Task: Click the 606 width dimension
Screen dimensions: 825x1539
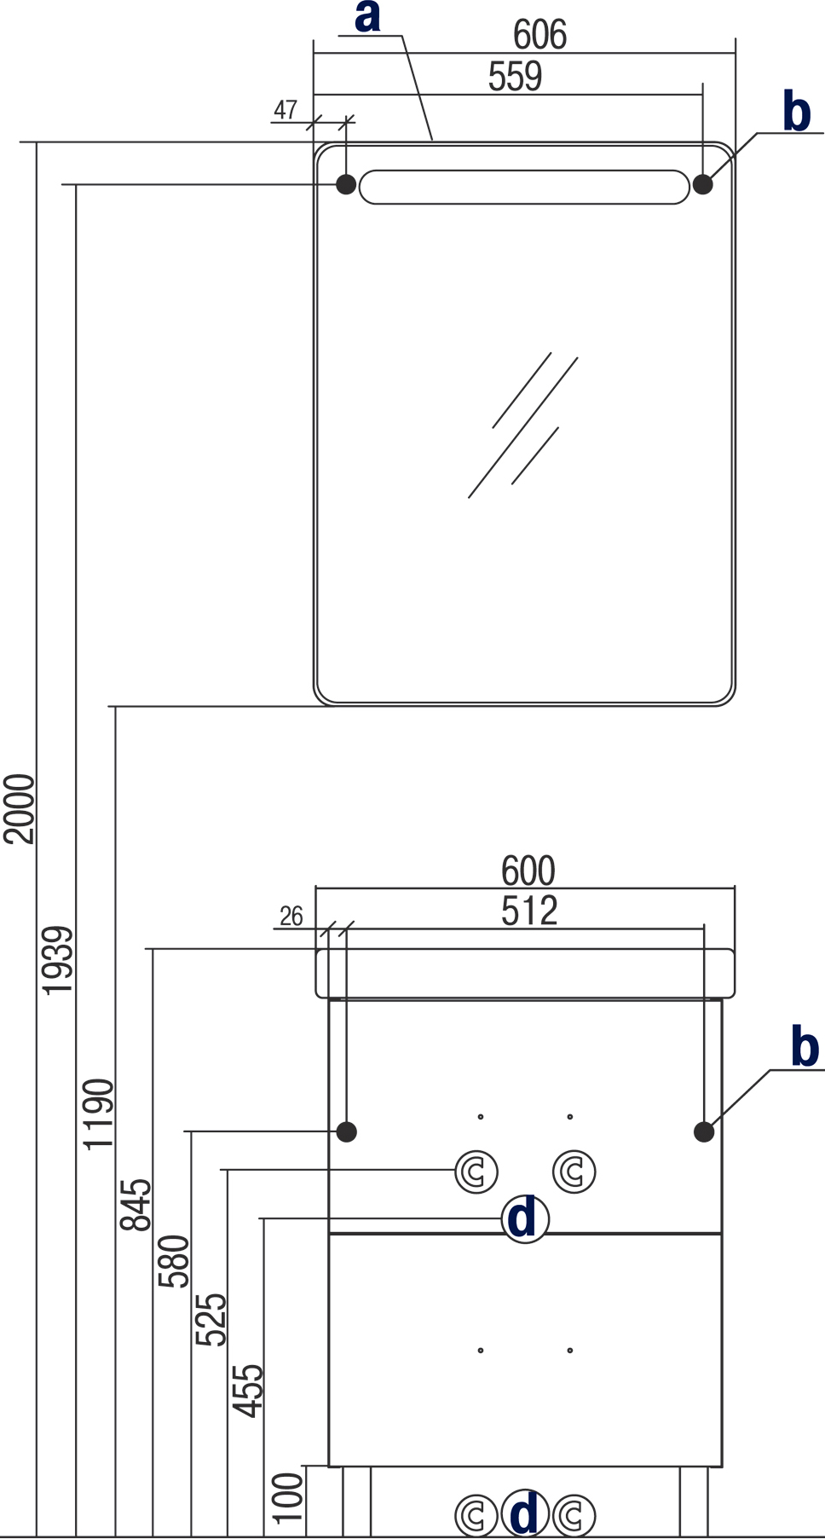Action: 539,35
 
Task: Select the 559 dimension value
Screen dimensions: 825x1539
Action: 515,77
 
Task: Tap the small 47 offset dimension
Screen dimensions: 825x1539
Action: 286,110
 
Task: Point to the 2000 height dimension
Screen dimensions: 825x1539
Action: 19,808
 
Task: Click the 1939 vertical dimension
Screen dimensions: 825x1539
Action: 58,960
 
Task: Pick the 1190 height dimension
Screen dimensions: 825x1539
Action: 98,1114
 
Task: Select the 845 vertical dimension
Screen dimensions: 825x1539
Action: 136,1205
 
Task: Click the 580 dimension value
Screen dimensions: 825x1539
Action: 174,1261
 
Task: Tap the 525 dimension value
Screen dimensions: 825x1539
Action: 211,1320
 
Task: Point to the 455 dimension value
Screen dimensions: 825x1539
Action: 249,1391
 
